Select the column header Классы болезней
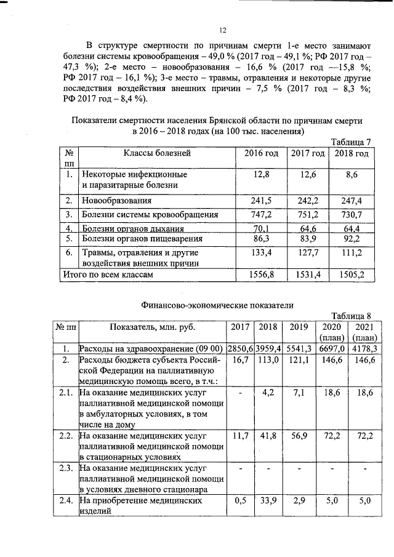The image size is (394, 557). [157, 153]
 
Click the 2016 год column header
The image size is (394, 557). [262, 153]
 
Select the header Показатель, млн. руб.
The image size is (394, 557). [153, 327]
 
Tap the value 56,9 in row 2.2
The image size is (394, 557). [299, 436]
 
